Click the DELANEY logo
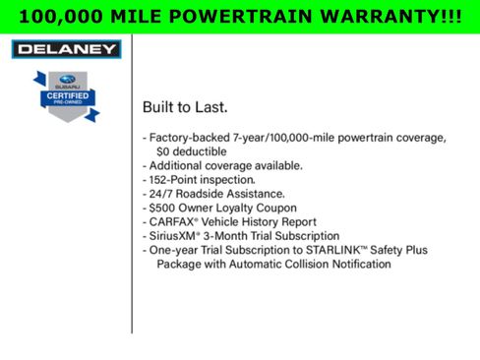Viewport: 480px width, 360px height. pos(65,49)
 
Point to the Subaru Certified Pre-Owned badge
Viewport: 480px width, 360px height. pos(65,96)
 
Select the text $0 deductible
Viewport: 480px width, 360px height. pos(198,152)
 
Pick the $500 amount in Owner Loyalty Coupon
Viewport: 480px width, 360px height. pos(164,209)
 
